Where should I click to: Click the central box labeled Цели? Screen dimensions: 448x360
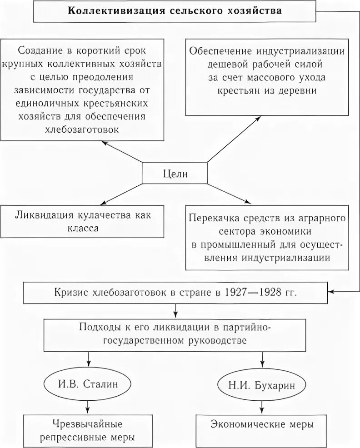point(175,174)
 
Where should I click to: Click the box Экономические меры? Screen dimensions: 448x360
point(262,425)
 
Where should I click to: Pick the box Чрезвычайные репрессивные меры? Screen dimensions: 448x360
point(88,430)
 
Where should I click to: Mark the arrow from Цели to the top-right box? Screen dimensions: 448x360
point(234,139)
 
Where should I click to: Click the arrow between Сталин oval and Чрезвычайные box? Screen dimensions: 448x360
point(87,405)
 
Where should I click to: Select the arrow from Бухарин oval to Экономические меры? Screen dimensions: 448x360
point(262,405)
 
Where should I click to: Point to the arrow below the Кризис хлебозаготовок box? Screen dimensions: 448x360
point(175,311)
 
